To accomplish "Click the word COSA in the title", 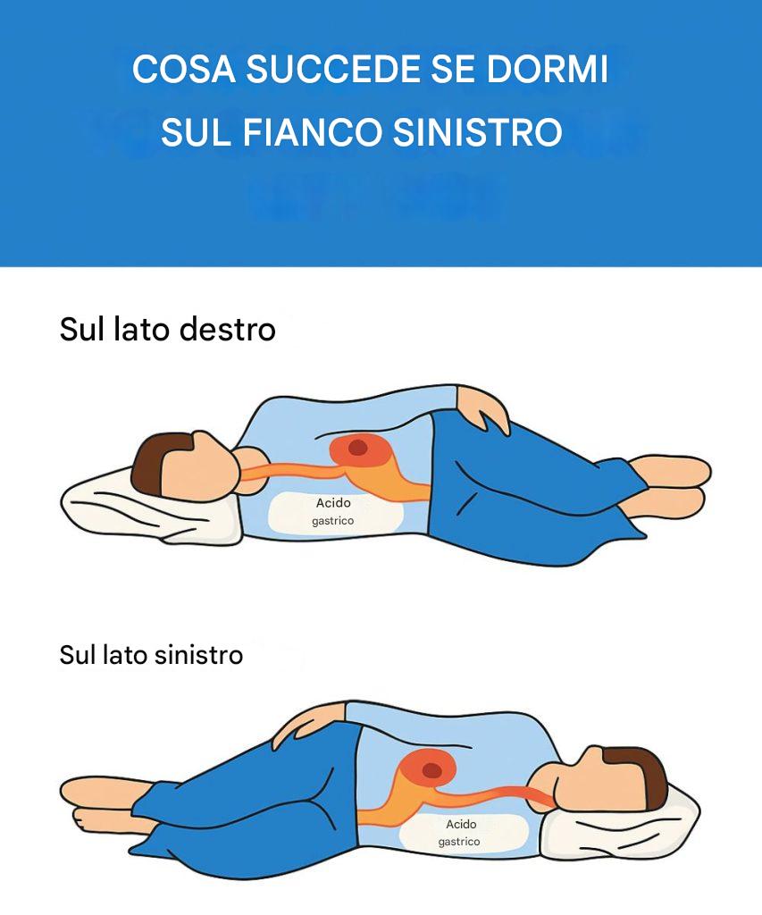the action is [184, 69].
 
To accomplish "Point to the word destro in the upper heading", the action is [227, 329].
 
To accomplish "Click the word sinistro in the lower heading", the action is [198, 655].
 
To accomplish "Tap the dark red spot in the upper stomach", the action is [357, 449].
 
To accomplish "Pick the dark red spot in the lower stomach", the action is [431, 770].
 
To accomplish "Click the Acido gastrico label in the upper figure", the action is [333, 511].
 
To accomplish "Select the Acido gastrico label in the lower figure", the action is [460, 833].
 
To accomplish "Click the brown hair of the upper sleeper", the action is [153, 462].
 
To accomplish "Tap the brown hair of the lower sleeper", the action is [641, 776].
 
